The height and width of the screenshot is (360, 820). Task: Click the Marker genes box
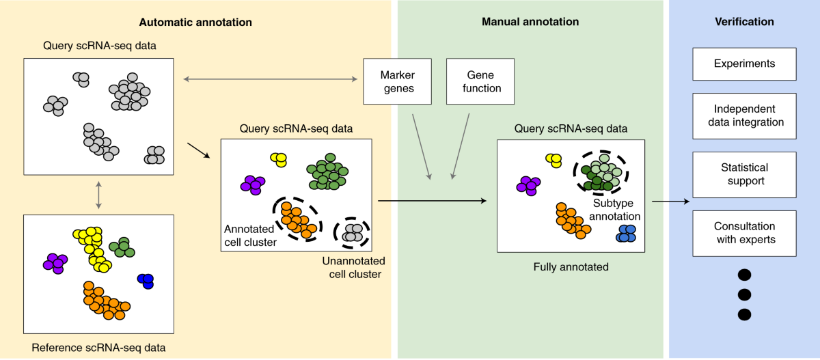click(x=397, y=81)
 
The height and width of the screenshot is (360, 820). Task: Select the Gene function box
click(x=480, y=81)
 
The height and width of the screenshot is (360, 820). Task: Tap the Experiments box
click(x=744, y=64)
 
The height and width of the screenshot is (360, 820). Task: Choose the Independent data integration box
click(x=744, y=116)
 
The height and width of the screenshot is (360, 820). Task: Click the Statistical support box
click(x=744, y=174)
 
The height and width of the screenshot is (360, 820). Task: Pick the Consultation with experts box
click(x=744, y=234)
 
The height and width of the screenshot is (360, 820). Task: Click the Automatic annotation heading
click(x=195, y=23)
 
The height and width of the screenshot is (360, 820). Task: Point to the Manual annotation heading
click(x=530, y=22)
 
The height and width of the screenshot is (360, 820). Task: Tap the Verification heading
click(x=744, y=22)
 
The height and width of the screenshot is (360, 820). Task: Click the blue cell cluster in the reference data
click(x=146, y=281)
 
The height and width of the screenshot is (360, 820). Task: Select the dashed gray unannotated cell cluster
click(x=352, y=233)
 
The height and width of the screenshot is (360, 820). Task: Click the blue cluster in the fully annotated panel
click(x=626, y=234)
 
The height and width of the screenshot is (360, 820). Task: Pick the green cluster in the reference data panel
click(x=122, y=248)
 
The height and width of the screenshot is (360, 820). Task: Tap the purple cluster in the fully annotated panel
click(x=528, y=186)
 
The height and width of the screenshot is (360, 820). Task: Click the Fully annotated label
click(x=571, y=266)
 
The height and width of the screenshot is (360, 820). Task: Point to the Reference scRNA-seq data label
click(x=98, y=348)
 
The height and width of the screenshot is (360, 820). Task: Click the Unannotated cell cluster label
click(x=354, y=268)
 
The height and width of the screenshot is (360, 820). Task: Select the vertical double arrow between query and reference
click(x=98, y=195)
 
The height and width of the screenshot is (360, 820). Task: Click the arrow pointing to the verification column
click(x=670, y=202)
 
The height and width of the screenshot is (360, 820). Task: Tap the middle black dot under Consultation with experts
click(x=744, y=294)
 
